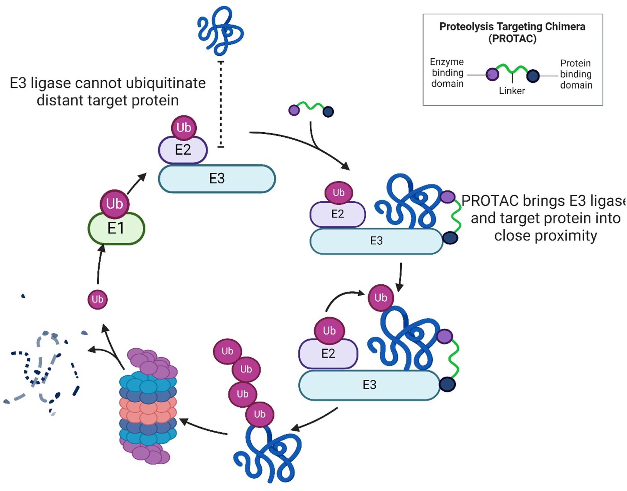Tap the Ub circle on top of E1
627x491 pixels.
[114, 204]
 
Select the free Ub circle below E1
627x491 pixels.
[98, 299]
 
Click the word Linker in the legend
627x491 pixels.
[512, 91]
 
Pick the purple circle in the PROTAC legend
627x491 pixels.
[492, 74]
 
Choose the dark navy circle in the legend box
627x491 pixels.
[533, 76]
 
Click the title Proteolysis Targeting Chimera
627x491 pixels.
[512, 27]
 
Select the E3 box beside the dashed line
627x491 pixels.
[217, 179]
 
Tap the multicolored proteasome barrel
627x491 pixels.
[148, 407]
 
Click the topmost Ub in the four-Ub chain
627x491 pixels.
[227, 351]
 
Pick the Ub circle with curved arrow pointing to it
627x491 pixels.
[381, 298]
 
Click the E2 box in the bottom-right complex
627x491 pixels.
[328, 353]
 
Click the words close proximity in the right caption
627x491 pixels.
[545, 236]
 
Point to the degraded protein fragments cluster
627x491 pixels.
[44, 371]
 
